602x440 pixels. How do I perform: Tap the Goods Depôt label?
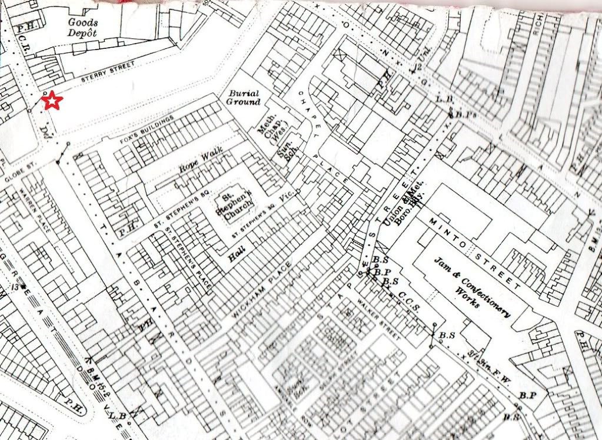(82, 27)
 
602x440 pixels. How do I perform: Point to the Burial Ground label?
(244, 97)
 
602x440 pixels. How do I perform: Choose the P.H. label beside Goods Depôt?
(24, 27)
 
